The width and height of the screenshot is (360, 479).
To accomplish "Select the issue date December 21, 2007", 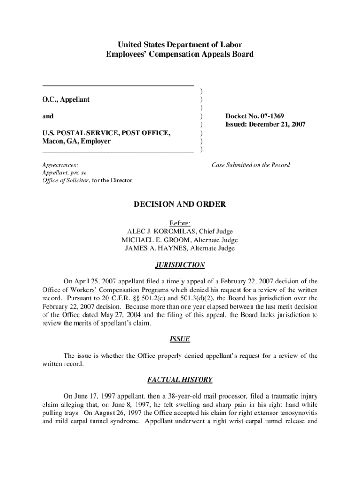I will (x=272, y=124).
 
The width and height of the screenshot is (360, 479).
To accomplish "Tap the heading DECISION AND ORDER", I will (x=180, y=204).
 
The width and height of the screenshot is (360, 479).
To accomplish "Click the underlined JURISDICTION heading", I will (x=180, y=265).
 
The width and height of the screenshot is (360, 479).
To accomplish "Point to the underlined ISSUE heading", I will (x=180, y=339).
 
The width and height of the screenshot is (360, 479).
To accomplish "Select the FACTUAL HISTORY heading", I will (x=180, y=380).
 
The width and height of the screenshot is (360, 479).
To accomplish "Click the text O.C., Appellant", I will (x=66, y=100).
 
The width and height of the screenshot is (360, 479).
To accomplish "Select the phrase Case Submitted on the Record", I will (x=251, y=165).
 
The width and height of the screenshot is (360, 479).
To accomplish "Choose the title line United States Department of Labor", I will (x=180, y=45).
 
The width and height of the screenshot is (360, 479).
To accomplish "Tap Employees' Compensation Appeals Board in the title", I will (x=180, y=54).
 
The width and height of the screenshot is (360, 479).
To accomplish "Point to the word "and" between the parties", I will (x=48, y=116).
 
